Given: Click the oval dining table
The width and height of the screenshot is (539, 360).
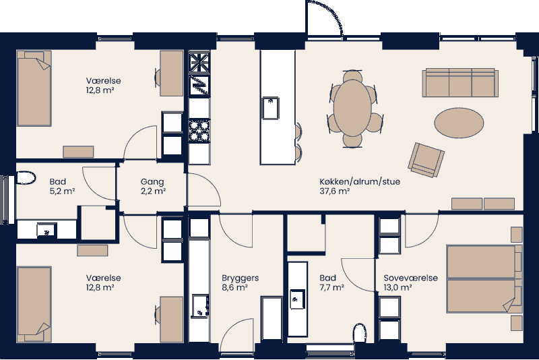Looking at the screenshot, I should [x=352, y=107].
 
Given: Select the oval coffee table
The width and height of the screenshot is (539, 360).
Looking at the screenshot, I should [x=458, y=123].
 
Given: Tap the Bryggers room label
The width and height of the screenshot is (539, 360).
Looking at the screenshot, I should [x=240, y=278].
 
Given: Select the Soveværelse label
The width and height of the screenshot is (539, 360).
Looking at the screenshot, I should [x=410, y=278].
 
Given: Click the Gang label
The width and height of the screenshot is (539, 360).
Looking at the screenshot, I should [x=152, y=182].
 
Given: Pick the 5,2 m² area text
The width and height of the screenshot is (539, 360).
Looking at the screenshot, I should [x=61, y=191].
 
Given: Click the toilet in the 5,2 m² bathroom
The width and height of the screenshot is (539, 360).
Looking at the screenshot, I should [x=26, y=178].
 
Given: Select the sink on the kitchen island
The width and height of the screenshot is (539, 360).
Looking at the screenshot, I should [x=271, y=108].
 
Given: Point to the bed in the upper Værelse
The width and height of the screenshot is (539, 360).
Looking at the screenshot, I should [x=34, y=91].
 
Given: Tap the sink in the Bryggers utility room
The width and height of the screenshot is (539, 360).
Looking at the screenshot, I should [x=199, y=305].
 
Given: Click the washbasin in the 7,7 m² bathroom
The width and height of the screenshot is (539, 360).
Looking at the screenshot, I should [x=297, y=296].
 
